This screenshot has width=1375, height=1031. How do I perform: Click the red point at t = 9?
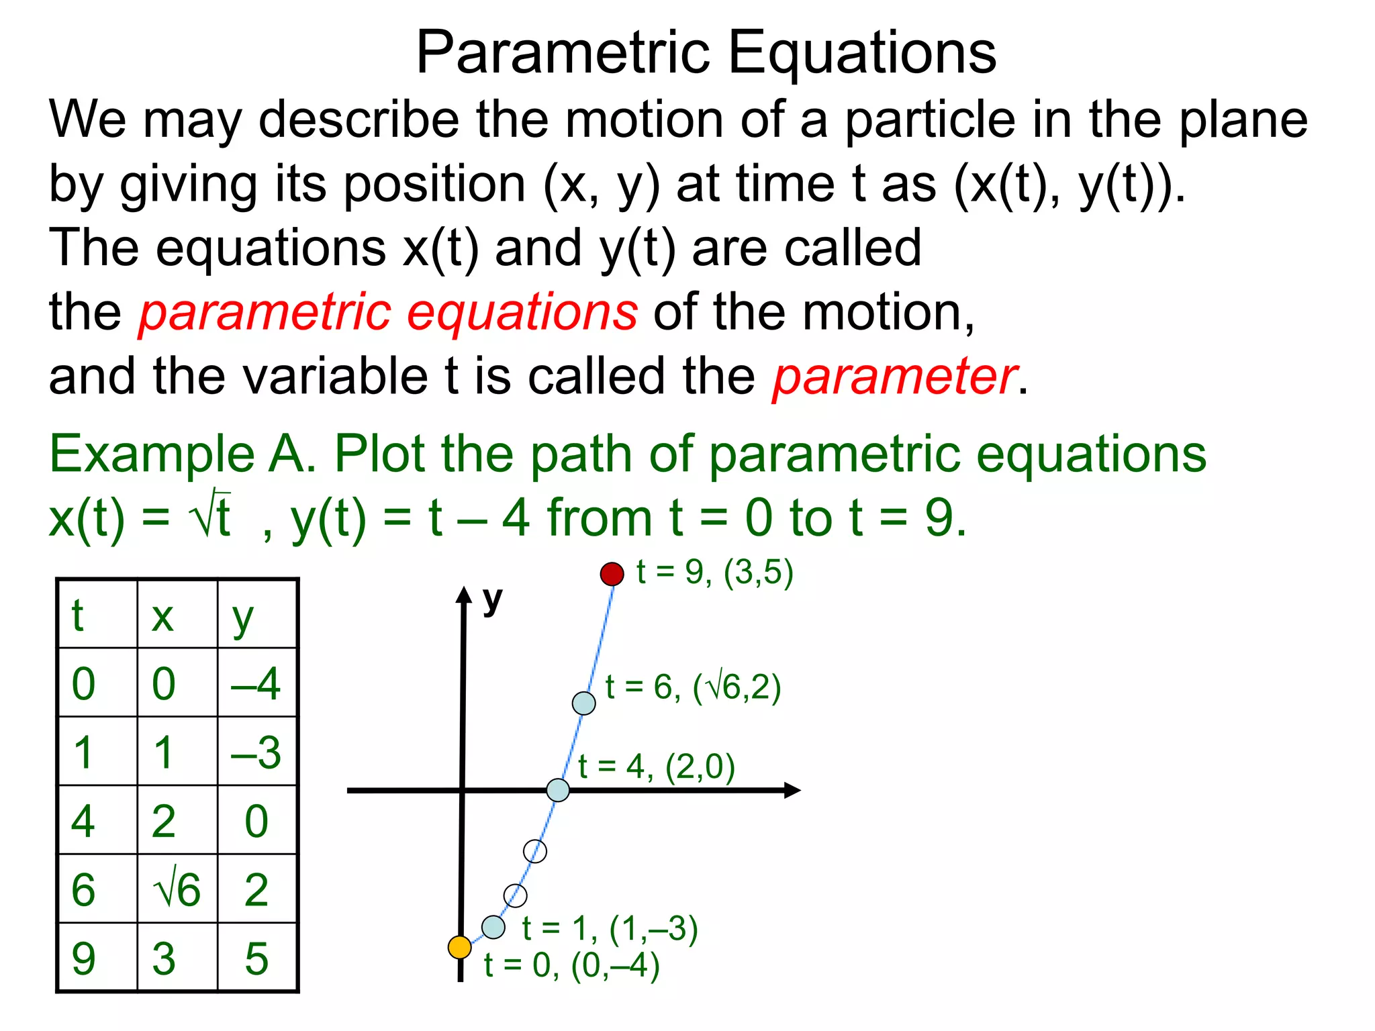(612, 574)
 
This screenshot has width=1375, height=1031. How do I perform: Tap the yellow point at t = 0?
(460, 947)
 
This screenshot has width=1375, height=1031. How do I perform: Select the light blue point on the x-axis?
(558, 790)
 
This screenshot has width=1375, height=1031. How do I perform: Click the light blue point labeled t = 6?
(583, 703)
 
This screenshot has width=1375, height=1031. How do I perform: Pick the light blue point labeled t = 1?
(493, 927)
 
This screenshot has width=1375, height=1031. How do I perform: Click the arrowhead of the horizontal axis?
(792, 790)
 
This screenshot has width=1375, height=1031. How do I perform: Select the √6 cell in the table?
(177, 889)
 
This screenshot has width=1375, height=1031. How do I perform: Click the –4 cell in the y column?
(256, 684)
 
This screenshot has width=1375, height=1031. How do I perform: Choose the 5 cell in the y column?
(256, 959)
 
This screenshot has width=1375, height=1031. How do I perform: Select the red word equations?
(522, 313)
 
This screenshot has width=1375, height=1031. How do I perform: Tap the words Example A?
(182, 454)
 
